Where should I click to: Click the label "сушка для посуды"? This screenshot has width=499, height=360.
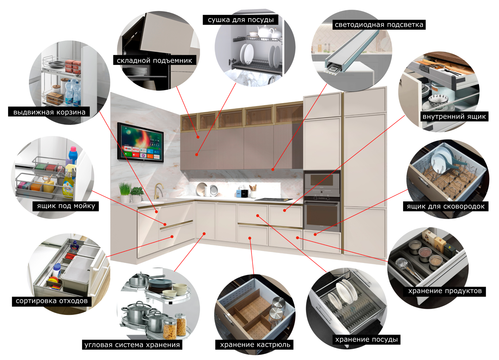pos(241,20)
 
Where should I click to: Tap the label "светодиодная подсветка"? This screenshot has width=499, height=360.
pos(379,25)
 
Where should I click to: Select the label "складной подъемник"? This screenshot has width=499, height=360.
pos(154,61)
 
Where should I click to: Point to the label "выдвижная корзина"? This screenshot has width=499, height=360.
pos(49,112)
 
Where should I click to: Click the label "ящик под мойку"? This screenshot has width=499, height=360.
pos(66,206)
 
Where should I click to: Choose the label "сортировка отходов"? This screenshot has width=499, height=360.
pos(52,301)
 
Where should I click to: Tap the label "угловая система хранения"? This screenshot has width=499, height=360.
pos(132,345)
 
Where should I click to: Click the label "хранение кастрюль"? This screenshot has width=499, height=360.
pos(255,345)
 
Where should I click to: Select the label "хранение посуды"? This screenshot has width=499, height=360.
pos(366,340)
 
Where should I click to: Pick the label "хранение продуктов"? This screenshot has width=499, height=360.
pos(445,291)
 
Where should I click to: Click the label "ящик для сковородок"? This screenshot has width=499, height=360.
pos(446,207)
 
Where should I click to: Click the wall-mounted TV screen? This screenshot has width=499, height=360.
pos(140,142)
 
